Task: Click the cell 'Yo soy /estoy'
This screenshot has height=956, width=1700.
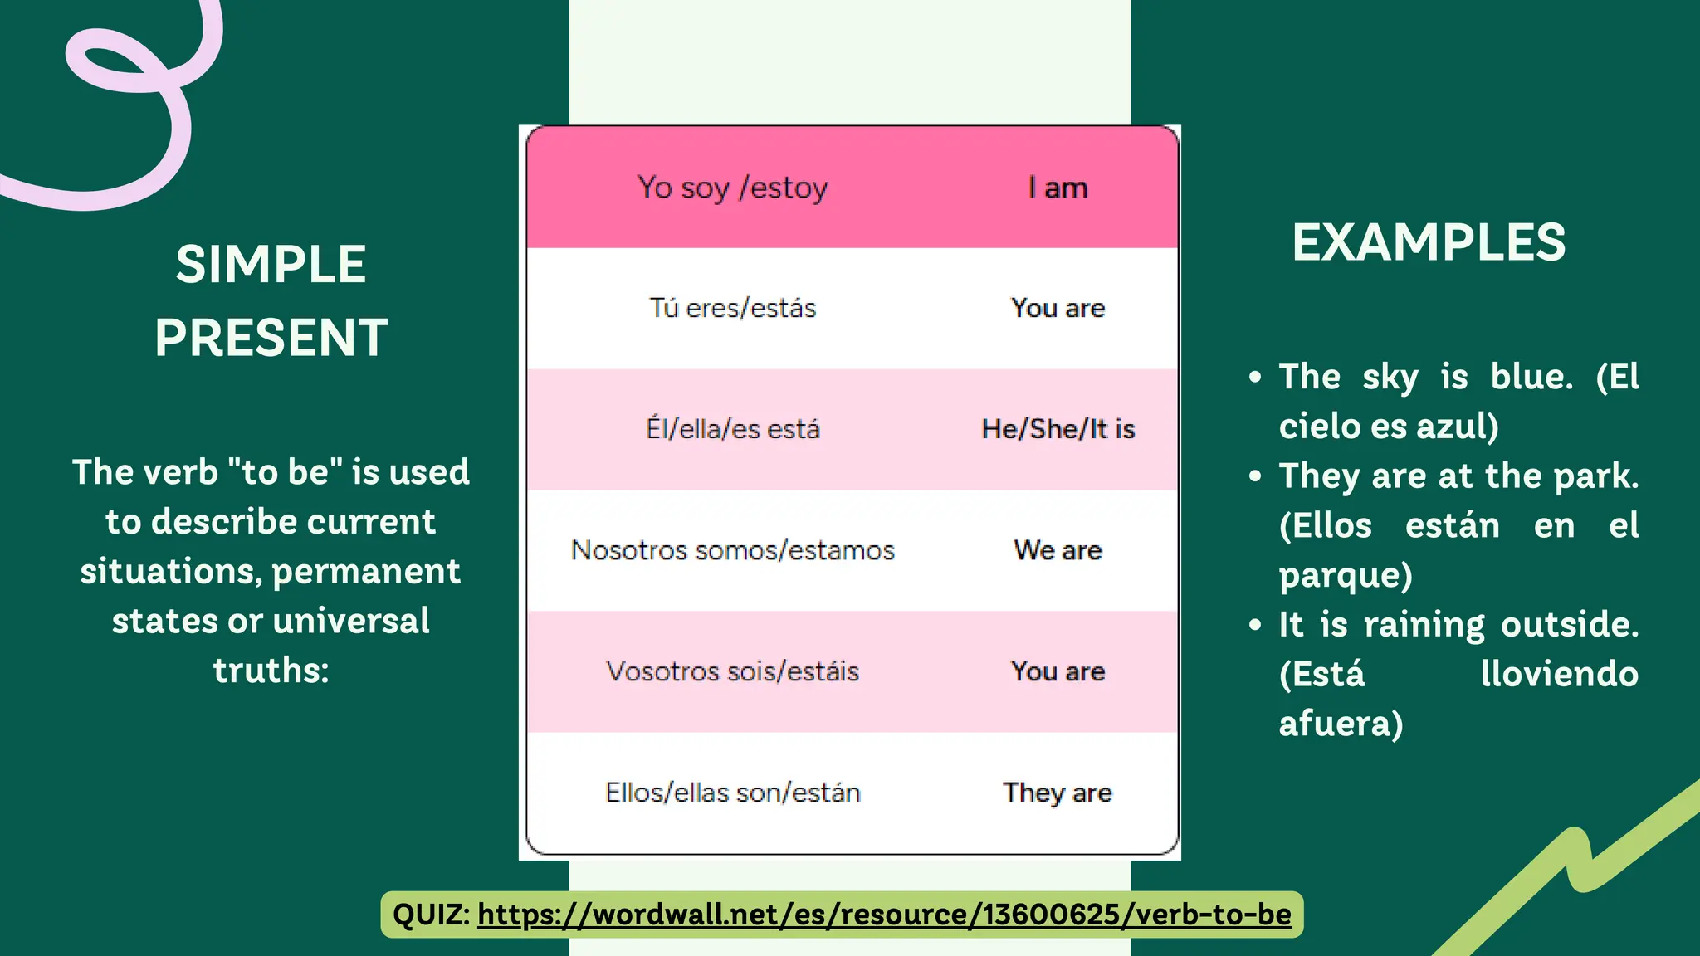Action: click(732, 188)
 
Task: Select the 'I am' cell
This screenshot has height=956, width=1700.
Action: click(1058, 188)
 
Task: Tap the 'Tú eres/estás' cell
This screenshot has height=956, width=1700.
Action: click(732, 308)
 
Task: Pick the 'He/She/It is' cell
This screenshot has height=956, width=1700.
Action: click(1058, 429)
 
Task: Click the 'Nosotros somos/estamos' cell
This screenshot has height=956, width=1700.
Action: click(732, 550)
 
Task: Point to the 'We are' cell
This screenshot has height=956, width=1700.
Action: click(1058, 550)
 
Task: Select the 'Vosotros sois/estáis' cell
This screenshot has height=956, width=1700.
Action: click(732, 671)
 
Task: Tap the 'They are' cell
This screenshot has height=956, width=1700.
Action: click(1058, 793)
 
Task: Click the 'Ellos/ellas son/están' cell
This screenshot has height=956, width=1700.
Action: click(732, 793)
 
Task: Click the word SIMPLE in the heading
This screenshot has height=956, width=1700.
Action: click(271, 265)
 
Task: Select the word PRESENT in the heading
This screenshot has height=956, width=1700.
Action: click(271, 338)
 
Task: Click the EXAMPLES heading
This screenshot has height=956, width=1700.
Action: click(1428, 242)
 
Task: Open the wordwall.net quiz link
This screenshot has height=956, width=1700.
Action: click(884, 915)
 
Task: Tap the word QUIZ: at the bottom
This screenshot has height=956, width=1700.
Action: click(431, 915)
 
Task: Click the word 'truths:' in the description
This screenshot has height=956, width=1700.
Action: click(271, 671)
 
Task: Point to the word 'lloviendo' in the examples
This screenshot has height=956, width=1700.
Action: click(1559, 674)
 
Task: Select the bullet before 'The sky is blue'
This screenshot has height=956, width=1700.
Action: click(1255, 378)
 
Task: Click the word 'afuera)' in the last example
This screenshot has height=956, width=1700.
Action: click(1341, 724)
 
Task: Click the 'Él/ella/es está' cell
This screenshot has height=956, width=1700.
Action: click(732, 429)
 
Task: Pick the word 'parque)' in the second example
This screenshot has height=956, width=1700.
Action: click(1345, 575)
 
